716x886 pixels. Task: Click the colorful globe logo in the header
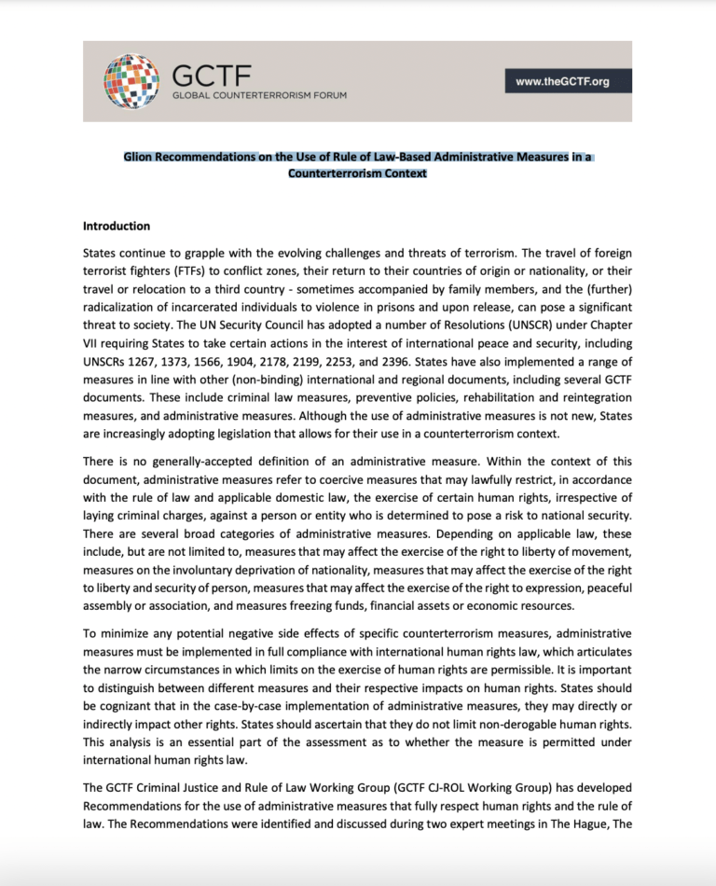click(x=132, y=81)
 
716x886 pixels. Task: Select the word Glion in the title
click(x=141, y=158)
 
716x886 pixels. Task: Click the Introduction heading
click(x=117, y=226)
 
